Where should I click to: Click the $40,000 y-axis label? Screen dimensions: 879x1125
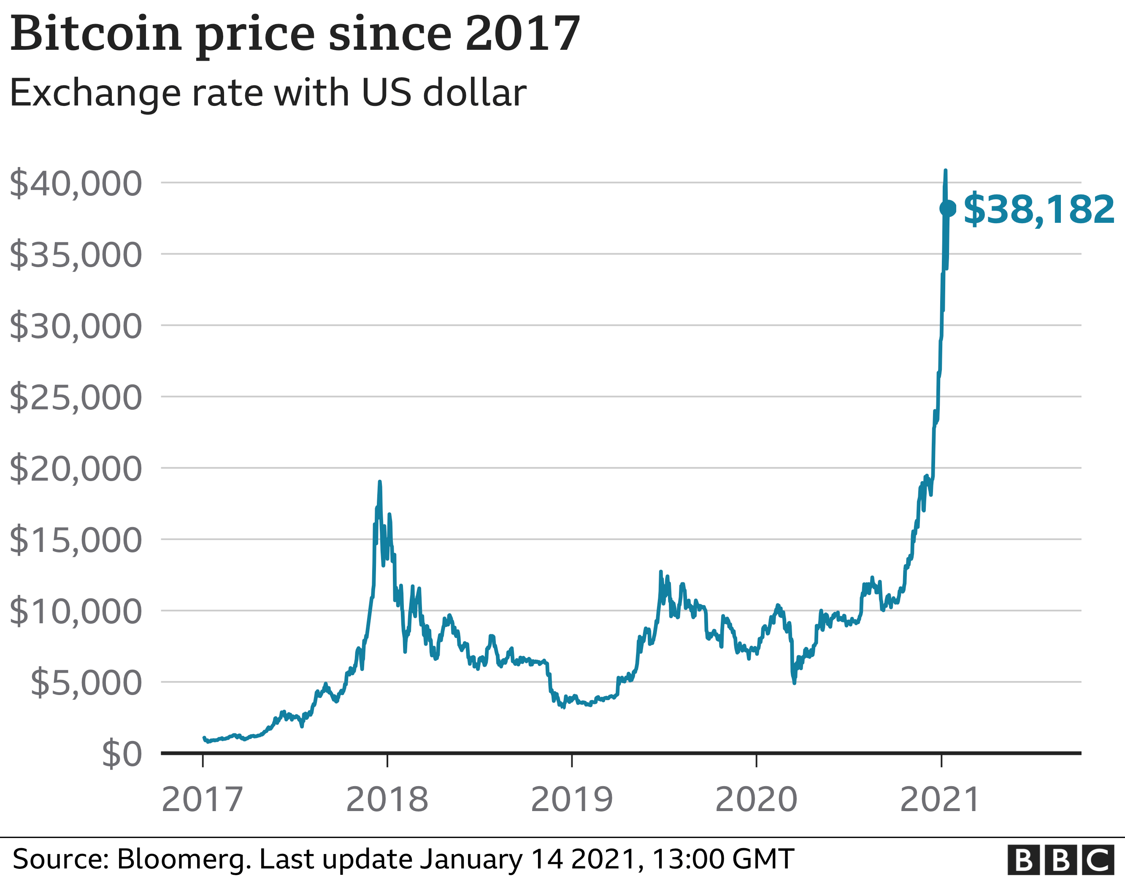click(75, 184)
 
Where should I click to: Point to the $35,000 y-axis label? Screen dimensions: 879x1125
click(75, 254)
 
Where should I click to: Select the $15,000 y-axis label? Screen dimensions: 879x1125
click(75, 540)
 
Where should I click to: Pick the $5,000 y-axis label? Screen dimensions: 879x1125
click(86, 683)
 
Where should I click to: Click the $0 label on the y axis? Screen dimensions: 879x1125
click(122, 755)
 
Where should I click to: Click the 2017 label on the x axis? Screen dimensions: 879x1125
click(202, 800)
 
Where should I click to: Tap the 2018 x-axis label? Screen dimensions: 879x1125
click(387, 800)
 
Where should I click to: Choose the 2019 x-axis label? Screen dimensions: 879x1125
click(572, 800)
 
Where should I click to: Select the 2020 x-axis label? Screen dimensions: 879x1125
click(756, 800)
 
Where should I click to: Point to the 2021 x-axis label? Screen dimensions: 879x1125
click(940, 800)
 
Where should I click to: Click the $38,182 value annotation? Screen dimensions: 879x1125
click(1038, 209)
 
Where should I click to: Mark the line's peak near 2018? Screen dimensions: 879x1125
click(380, 482)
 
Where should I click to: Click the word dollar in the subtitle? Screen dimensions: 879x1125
click(474, 93)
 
